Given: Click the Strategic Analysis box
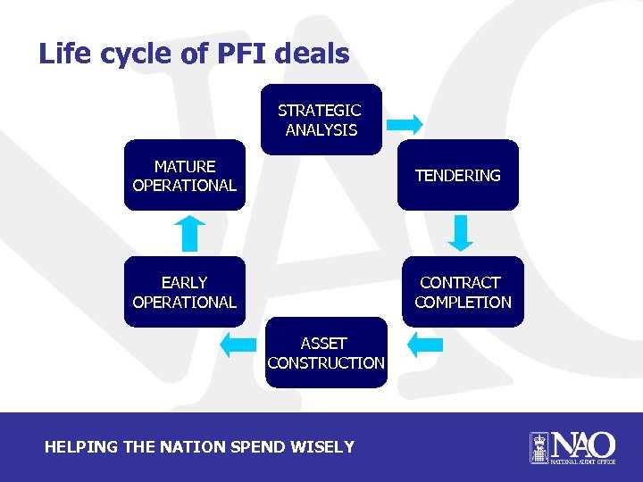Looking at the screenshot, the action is click(320, 120).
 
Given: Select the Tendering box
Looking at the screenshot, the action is click(457, 176).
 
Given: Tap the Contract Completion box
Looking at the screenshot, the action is click(462, 292).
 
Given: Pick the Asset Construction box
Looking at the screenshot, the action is click(325, 353).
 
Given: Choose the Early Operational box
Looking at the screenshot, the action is click(184, 292).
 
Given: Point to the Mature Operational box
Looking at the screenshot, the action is click(184, 176).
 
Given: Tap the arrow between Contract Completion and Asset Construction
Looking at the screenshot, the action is click(424, 344).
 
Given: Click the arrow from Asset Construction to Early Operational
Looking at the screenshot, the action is click(238, 344).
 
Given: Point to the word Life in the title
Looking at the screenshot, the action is click(67, 54).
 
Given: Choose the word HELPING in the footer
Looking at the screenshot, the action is click(80, 446).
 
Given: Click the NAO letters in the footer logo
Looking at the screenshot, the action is click(582, 444).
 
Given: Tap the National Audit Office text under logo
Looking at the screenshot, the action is click(582, 462).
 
